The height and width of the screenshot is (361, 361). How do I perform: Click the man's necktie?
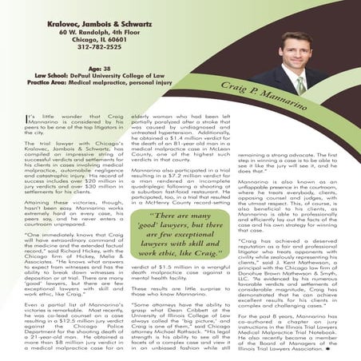299,85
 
